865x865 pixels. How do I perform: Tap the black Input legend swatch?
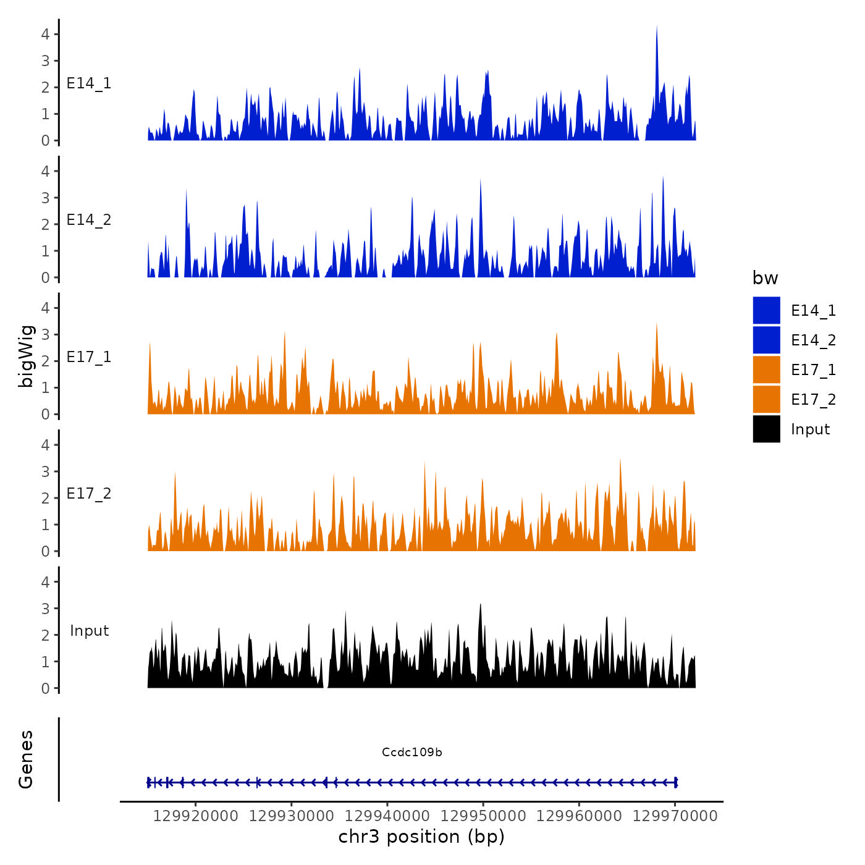[x=766, y=429]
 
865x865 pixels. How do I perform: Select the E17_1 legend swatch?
[x=766, y=370]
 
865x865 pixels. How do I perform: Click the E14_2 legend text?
[x=813, y=340]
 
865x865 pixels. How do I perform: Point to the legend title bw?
[x=765, y=279]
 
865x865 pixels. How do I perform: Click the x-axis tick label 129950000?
[x=484, y=816]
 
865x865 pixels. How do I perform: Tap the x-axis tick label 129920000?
[x=195, y=816]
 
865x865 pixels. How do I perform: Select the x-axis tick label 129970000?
[x=675, y=816]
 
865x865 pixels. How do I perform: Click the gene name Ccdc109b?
[x=411, y=753]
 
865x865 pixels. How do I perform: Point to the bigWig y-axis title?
[x=27, y=357]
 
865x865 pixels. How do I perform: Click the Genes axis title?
[x=26, y=759]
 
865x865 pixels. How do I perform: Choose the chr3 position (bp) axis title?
[x=421, y=837]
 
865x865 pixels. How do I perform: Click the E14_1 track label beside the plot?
[x=89, y=83]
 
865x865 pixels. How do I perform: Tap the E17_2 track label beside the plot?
[x=89, y=494]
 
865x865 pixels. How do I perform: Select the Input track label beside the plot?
[x=89, y=631]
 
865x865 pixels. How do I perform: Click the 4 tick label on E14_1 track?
[x=46, y=35]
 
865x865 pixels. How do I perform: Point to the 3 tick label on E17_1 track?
[x=46, y=335]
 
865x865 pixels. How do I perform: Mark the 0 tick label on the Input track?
[x=46, y=688]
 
